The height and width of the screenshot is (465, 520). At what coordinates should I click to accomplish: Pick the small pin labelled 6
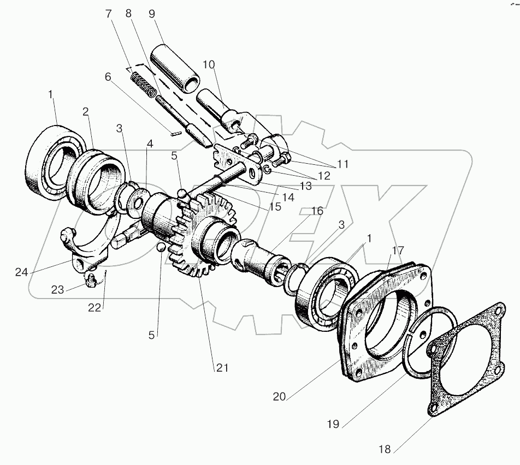pos(174,131)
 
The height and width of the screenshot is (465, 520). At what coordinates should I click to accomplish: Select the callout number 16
pos(317,210)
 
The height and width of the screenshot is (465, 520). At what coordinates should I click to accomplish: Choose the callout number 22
pos(94,307)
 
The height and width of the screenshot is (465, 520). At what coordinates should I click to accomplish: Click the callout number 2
pos(85,111)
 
